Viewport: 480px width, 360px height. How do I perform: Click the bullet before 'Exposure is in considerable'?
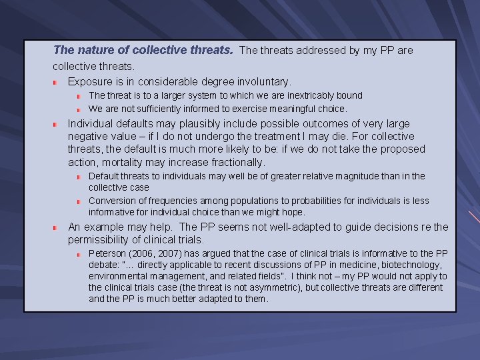[56, 82]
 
